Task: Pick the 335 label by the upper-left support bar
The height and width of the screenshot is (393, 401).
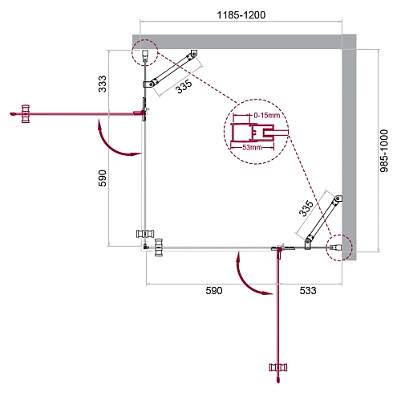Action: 185,88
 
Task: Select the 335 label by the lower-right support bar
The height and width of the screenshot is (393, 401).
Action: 306,210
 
